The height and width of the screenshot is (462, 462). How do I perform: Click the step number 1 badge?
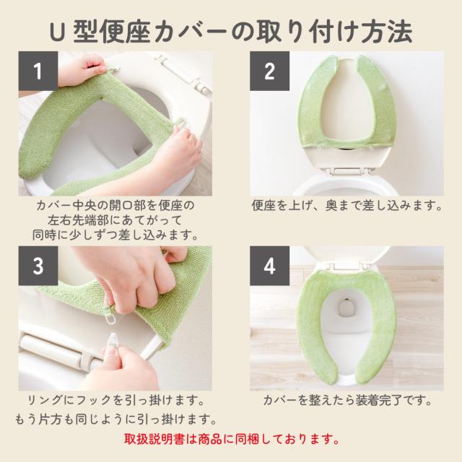pyautogui.click(x=38, y=71)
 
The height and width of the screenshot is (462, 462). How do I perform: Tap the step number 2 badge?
pyautogui.click(x=269, y=71)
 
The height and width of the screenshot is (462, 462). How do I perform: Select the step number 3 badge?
pyautogui.click(x=38, y=266)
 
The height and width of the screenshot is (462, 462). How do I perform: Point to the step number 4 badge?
pyautogui.click(x=269, y=266)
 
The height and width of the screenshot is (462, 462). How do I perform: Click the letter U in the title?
pyautogui.click(x=57, y=32)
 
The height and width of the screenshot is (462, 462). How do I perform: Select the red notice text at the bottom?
pyautogui.click(x=231, y=440)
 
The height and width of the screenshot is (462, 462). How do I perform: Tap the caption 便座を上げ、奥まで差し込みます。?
pyautogui.click(x=346, y=205)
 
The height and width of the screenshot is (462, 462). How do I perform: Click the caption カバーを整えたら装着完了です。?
pyautogui.click(x=347, y=400)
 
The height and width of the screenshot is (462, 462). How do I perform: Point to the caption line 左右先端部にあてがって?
pyautogui.click(x=115, y=220)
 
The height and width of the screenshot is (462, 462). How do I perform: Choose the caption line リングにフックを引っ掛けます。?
pyautogui.click(x=115, y=400)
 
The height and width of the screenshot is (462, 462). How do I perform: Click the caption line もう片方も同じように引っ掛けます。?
pyautogui.click(x=115, y=419)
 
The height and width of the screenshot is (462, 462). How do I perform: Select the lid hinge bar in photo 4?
pyautogui.click(x=348, y=266)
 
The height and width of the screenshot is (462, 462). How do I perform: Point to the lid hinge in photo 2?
pyautogui.click(x=347, y=171)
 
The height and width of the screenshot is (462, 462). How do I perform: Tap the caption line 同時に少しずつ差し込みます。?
pyautogui.click(x=115, y=235)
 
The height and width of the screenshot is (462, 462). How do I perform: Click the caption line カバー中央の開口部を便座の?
pyautogui.click(x=115, y=205)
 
